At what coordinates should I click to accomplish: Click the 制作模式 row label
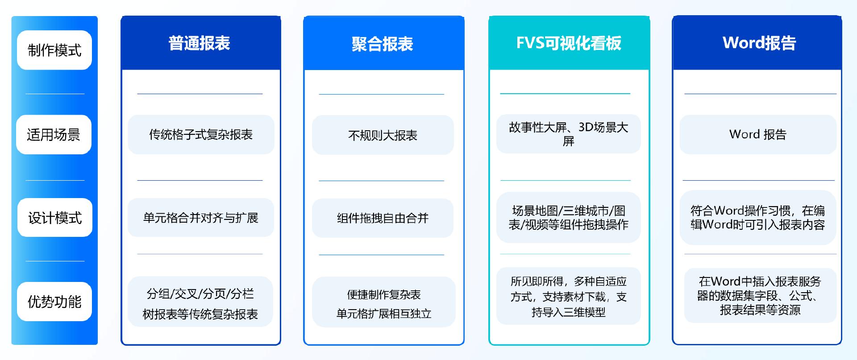(x=54, y=50)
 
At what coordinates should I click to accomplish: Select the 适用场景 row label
(x=54, y=134)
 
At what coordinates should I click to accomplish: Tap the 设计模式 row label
(x=55, y=218)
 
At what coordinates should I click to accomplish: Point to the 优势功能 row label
(x=54, y=302)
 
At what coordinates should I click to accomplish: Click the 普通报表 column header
(x=201, y=43)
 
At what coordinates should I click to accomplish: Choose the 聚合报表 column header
(x=384, y=43)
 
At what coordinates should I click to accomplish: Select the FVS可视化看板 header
(x=569, y=43)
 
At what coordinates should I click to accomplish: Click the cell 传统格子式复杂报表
(x=201, y=134)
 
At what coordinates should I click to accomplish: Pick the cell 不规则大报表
(x=383, y=135)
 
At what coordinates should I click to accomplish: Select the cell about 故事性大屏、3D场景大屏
(x=569, y=134)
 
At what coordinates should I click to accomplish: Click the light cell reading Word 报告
(x=758, y=134)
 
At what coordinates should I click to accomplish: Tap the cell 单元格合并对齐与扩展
(x=201, y=218)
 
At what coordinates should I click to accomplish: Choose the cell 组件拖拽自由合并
(x=383, y=218)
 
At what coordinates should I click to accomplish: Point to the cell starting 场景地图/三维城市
(x=569, y=217)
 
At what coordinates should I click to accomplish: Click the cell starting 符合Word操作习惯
(x=758, y=217)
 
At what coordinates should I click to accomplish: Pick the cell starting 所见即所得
(x=569, y=296)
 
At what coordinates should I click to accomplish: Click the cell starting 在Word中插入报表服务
(x=760, y=295)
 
